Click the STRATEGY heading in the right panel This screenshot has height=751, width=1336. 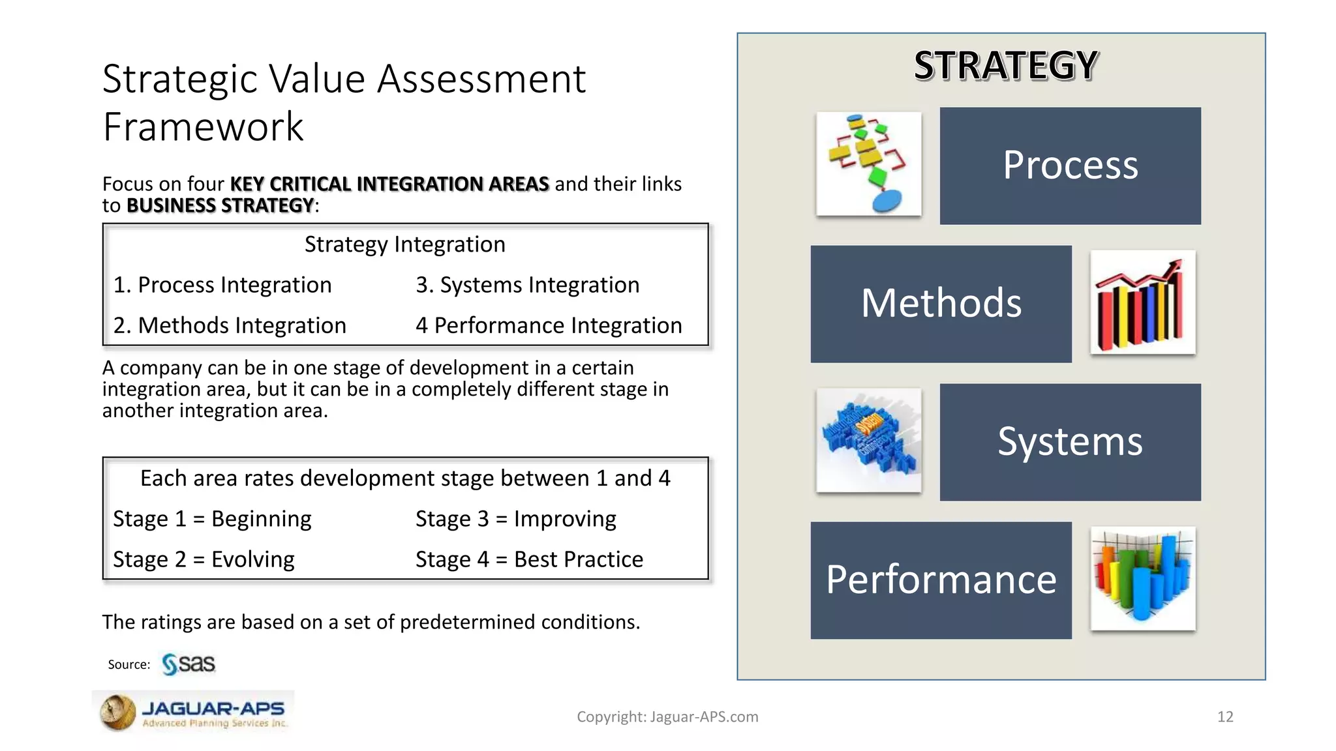pos(1006,66)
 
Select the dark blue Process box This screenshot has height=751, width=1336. pos(1070,166)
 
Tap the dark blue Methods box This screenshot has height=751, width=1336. pos(941,304)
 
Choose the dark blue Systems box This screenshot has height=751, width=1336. pos(1070,442)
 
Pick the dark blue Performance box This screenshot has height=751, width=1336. pos(941,580)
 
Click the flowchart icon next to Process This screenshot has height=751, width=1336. pos(868,164)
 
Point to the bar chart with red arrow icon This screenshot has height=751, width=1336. pos(1142,302)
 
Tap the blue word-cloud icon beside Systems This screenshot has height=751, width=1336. pos(868,440)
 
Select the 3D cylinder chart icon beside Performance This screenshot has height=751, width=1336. pos(1142,578)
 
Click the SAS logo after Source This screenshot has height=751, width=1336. pos(189,664)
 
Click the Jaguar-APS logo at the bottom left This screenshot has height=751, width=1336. pos(194,712)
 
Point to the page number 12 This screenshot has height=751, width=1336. pos(1225,717)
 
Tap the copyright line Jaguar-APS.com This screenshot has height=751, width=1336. pos(667,717)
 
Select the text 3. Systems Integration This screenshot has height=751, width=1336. pos(527,285)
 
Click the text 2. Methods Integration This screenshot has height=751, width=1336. pos(230,325)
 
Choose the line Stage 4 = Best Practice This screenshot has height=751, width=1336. pos(529,559)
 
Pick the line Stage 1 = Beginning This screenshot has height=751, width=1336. pos(212,519)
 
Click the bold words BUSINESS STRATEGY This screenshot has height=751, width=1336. pos(220,205)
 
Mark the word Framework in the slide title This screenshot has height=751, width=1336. pos(203,126)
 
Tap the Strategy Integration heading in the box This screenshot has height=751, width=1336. pos(404,244)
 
